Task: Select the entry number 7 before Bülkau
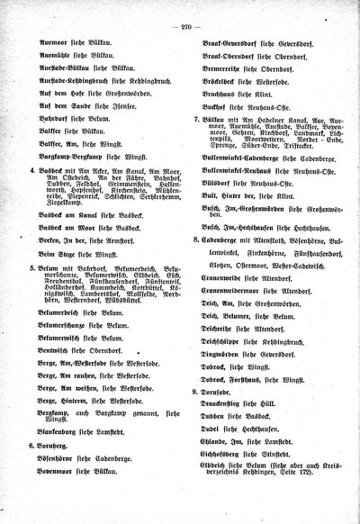coord(197,118)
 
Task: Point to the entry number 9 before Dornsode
coord(197,393)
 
